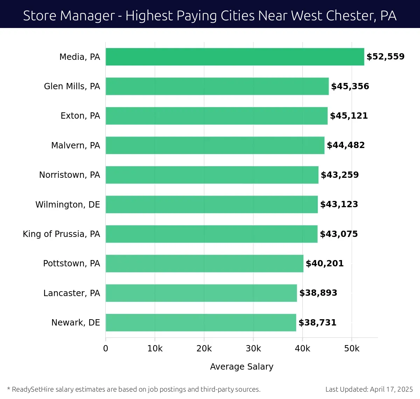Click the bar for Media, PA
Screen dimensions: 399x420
point(235,57)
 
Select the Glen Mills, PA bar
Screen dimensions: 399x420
point(217,86)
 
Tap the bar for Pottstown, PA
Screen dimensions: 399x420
point(204,264)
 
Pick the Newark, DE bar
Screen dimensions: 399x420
point(201,323)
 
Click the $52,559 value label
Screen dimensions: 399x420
point(385,57)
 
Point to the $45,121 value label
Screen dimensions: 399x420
point(349,116)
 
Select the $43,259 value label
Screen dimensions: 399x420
point(340,175)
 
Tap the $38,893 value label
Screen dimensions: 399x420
point(318,293)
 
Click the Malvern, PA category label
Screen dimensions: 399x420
point(76,145)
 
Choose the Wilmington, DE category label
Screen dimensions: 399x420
point(68,204)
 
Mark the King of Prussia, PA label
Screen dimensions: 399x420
point(61,234)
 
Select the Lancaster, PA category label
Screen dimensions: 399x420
point(72,293)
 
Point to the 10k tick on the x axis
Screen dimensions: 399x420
point(155,349)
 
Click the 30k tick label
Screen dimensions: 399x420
point(253,349)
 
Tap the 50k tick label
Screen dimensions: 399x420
point(352,349)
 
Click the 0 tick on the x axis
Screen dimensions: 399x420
point(106,349)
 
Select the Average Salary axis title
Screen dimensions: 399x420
point(241,366)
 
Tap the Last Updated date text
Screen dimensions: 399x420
point(369,389)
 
